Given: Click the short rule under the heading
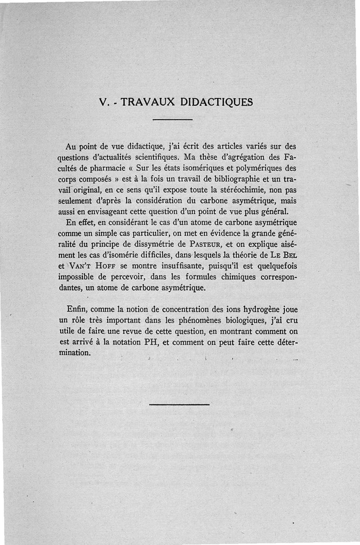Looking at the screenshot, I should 173,119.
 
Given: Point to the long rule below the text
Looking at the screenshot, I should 179,404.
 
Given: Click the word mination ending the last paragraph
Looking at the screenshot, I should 75,353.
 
